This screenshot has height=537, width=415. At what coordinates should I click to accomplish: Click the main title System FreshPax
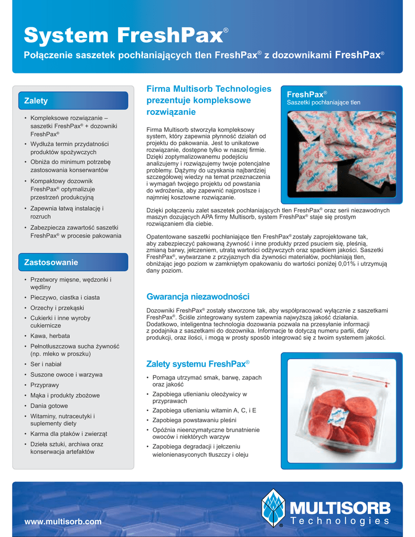[124, 36]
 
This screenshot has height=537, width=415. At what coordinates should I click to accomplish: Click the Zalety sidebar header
[36, 100]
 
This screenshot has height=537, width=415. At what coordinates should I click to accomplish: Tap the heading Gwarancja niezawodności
[198, 297]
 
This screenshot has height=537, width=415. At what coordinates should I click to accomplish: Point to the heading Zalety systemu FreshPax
[198, 364]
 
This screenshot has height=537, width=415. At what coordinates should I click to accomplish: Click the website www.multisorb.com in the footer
[63, 522]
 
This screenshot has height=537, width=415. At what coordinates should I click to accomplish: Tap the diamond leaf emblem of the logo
[273, 507]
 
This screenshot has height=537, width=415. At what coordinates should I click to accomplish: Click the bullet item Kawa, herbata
[50, 336]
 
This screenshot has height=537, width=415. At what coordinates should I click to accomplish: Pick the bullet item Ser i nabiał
[46, 364]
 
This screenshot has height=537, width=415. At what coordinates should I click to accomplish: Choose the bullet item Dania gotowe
[49, 406]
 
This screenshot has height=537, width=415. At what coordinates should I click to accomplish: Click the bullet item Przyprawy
[45, 385]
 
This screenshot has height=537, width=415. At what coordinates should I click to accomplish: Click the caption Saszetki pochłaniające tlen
[323, 102]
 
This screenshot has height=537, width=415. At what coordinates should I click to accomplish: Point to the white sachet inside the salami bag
[336, 417]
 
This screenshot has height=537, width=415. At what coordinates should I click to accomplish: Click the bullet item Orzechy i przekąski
[57, 308]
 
